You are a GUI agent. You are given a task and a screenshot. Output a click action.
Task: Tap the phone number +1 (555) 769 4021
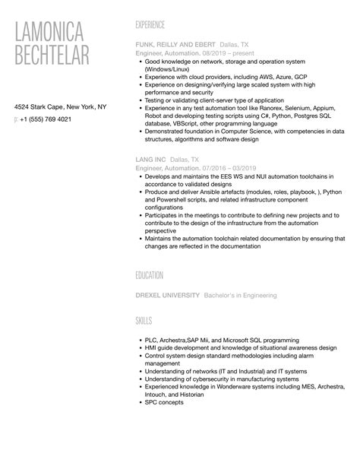(x=47, y=120)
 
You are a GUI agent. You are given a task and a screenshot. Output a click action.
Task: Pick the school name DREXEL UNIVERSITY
(x=168, y=295)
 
